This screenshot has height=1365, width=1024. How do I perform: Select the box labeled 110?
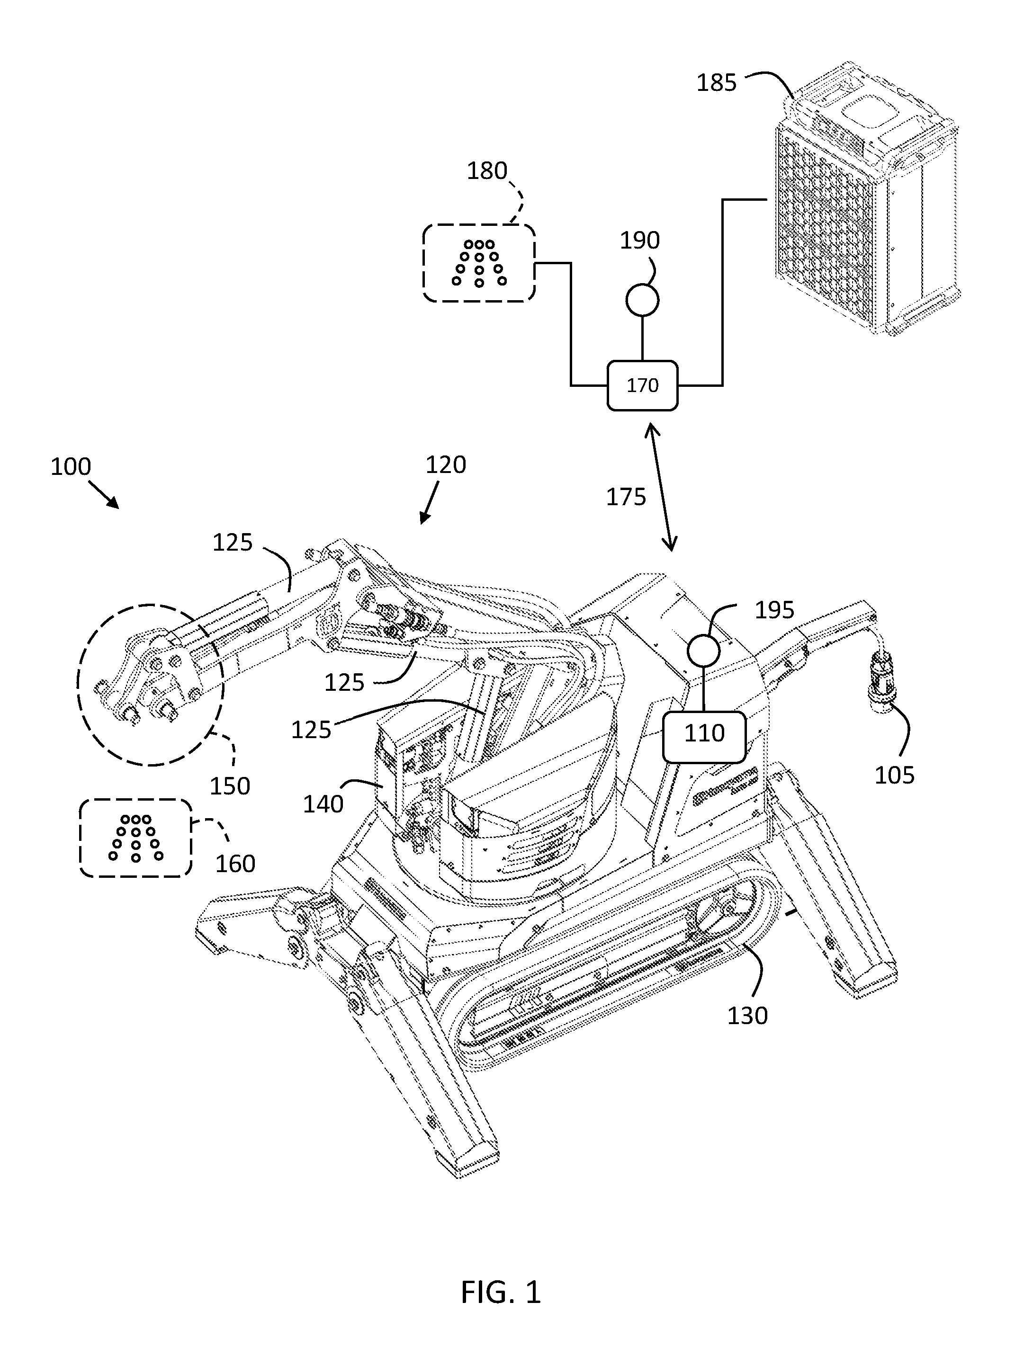pyautogui.click(x=704, y=736)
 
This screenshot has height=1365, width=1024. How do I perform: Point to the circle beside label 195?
pyautogui.click(x=704, y=651)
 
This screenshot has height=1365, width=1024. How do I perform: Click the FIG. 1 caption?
pyautogui.click(x=501, y=1292)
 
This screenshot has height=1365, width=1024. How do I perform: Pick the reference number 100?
pyautogui.click(x=71, y=466)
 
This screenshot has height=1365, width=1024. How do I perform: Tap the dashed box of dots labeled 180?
pyautogui.click(x=479, y=263)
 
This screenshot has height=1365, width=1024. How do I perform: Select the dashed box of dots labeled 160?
pyautogui.click(x=136, y=838)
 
